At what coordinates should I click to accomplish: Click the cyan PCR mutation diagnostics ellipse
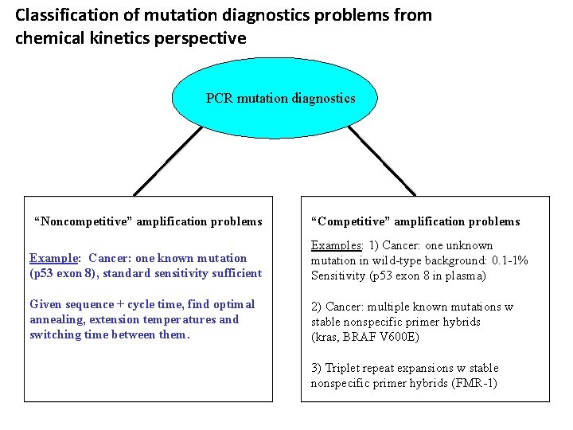click(280, 99)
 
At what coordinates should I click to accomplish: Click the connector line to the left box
click(167, 161)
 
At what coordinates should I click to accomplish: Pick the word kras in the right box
click(325, 337)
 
